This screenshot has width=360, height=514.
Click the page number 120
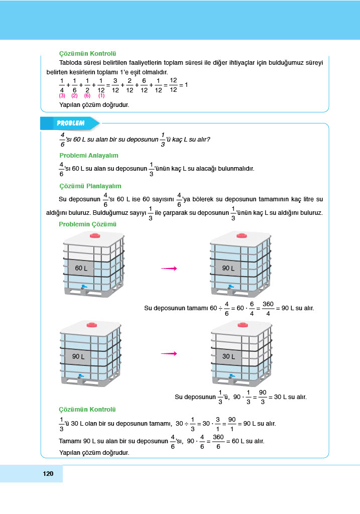point(48,474)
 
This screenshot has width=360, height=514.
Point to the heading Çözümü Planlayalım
point(90,186)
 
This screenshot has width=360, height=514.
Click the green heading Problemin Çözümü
point(87,224)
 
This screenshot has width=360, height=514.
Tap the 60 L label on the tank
point(81,268)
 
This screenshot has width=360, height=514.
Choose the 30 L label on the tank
point(228,356)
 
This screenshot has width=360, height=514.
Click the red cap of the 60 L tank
point(95,235)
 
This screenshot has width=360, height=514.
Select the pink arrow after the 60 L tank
point(169,269)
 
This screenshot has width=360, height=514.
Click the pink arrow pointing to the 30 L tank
point(169,354)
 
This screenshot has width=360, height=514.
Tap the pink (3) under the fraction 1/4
point(62,95)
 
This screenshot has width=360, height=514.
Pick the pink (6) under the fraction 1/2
point(87,95)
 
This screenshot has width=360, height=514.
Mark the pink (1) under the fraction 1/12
point(101,95)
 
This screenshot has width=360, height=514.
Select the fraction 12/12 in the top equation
point(173,85)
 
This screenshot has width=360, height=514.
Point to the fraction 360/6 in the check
point(218,441)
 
